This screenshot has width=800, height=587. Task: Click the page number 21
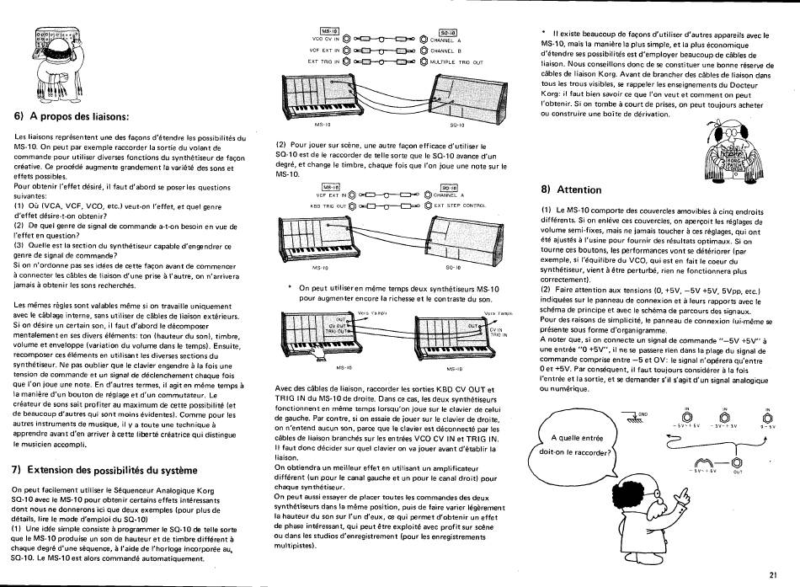point(773,575)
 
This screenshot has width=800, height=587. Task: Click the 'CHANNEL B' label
point(446,51)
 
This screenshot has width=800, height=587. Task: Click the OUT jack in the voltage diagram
point(737,461)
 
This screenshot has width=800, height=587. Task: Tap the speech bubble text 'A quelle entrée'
point(577,437)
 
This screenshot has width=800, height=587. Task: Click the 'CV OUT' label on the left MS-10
point(339,326)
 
